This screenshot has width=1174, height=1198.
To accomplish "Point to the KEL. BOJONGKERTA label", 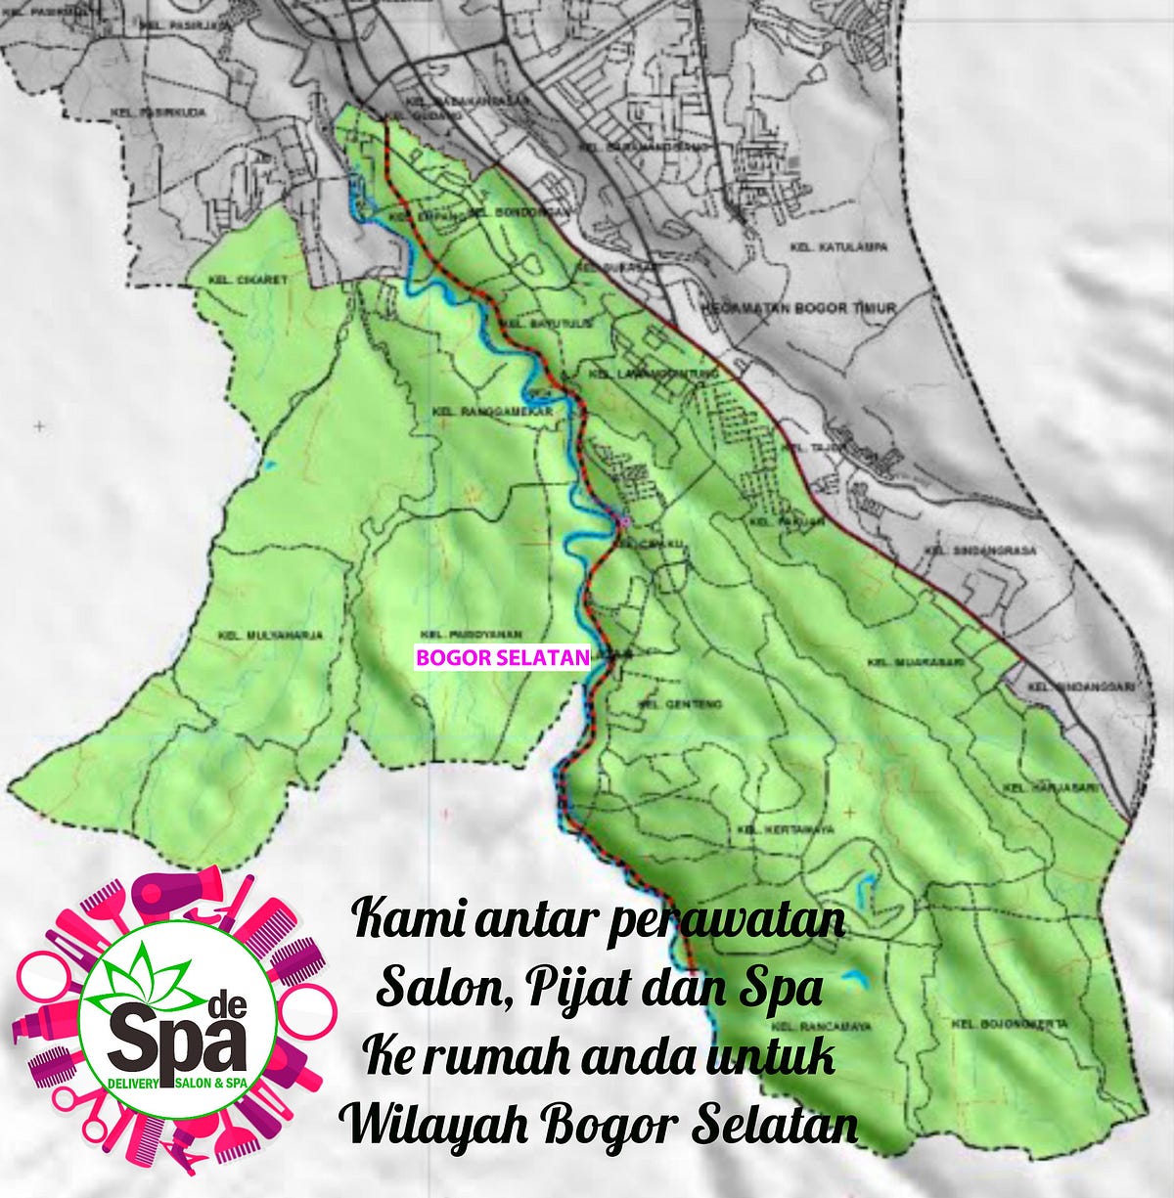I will pos(1007,1025).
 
